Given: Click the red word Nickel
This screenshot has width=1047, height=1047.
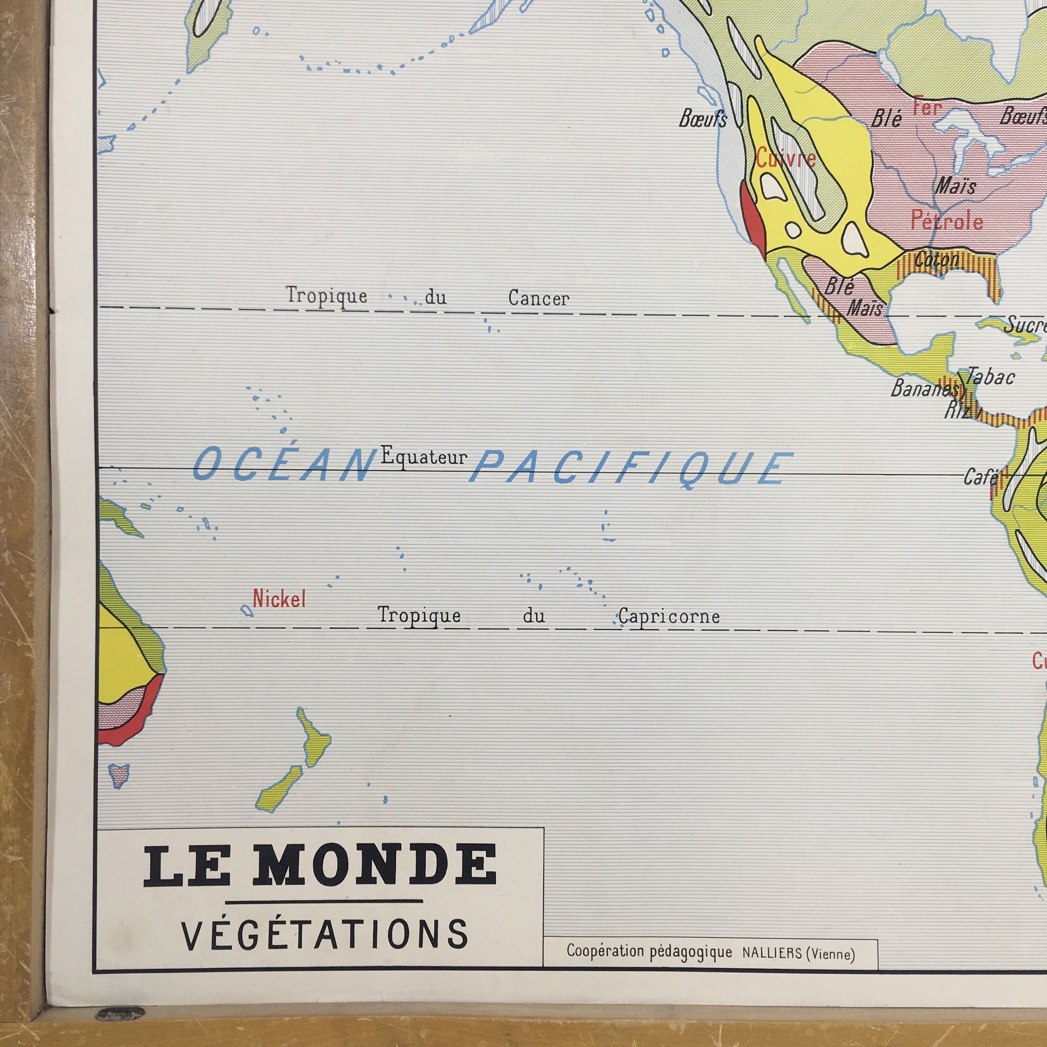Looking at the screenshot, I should click(x=279, y=599).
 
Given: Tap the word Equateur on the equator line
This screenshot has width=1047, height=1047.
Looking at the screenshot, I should click(x=424, y=457).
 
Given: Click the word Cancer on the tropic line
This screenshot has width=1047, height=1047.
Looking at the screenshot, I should click(x=539, y=298).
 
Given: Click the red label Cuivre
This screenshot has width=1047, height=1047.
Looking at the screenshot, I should click(x=786, y=159).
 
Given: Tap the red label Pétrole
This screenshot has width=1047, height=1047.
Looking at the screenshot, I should click(x=947, y=221).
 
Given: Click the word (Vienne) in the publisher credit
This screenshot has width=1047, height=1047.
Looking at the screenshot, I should click(x=831, y=954).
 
